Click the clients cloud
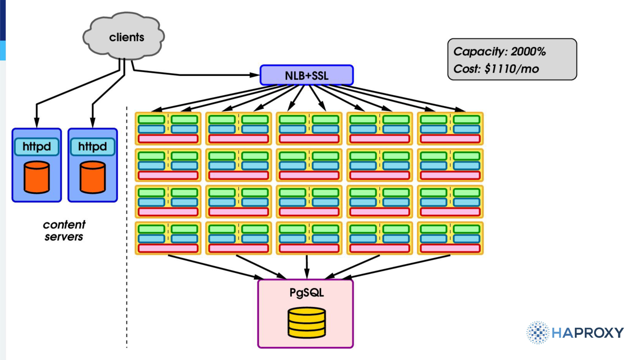(123, 36)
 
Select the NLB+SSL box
(306, 75)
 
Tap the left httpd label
(37, 146)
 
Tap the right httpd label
(92, 146)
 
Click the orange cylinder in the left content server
(37, 177)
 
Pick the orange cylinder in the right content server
(92, 177)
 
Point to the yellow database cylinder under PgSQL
(306, 323)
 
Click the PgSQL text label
(306, 292)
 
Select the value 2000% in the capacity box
(528, 52)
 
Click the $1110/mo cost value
(512, 69)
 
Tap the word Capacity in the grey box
(479, 52)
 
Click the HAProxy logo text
(587, 333)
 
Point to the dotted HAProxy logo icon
(538, 333)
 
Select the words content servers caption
(64, 231)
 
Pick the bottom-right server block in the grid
(450, 238)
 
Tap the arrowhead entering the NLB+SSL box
(255, 75)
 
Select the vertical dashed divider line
(127, 227)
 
